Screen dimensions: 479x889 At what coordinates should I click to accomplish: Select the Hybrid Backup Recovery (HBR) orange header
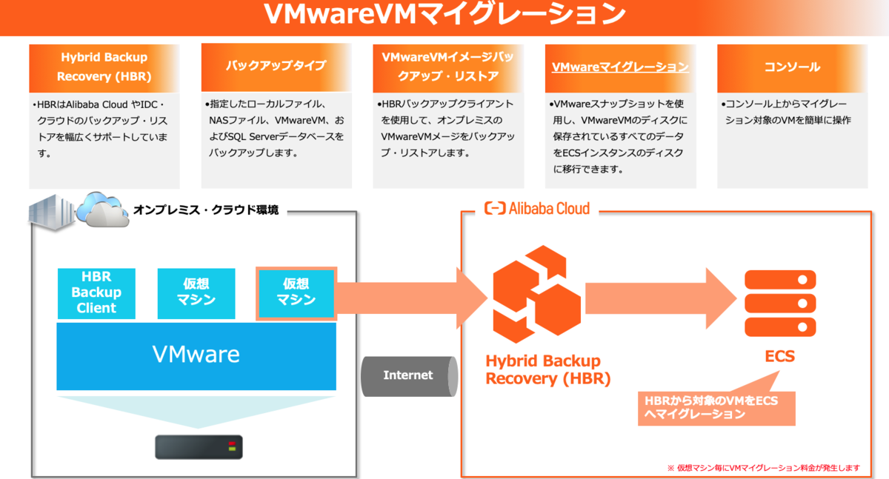(x=103, y=67)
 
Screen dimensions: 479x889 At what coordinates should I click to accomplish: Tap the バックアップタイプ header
(x=276, y=65)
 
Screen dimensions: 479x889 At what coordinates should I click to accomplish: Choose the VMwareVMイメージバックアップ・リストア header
(x=447, y=67)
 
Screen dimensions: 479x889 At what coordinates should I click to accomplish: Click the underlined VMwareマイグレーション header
(x=620, y=67)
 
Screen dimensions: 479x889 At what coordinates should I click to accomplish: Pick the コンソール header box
(x=792, y=67)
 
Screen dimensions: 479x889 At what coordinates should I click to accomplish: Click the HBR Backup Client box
(x=96, y=292)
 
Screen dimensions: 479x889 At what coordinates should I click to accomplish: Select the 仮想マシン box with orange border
(x=296, y=292)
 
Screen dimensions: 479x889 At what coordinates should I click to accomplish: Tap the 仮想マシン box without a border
(x=196, y=292)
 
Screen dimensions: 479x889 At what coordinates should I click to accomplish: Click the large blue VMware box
(x=196, y=355)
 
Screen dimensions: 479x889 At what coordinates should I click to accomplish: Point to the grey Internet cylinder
(x=407, y=375)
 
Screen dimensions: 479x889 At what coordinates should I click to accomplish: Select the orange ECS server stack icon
(x=780, y=302)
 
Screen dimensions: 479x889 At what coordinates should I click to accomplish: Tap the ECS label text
(x=779, y=357)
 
